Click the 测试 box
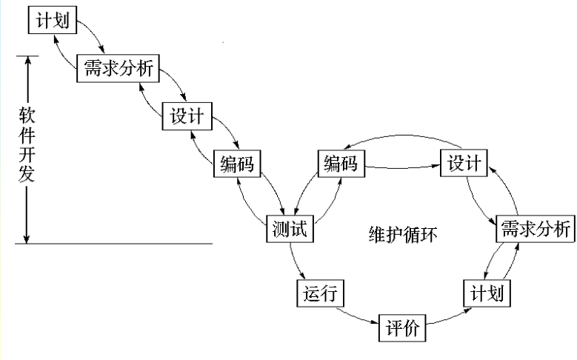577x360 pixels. [290, 230]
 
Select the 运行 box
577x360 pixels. [321, 294]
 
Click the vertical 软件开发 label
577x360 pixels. [27, 148]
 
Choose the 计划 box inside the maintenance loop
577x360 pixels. [487, 294]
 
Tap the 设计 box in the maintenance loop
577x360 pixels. [465, 164]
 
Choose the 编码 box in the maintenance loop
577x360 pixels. [341, 164]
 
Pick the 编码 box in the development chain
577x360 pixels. [237, 164]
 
